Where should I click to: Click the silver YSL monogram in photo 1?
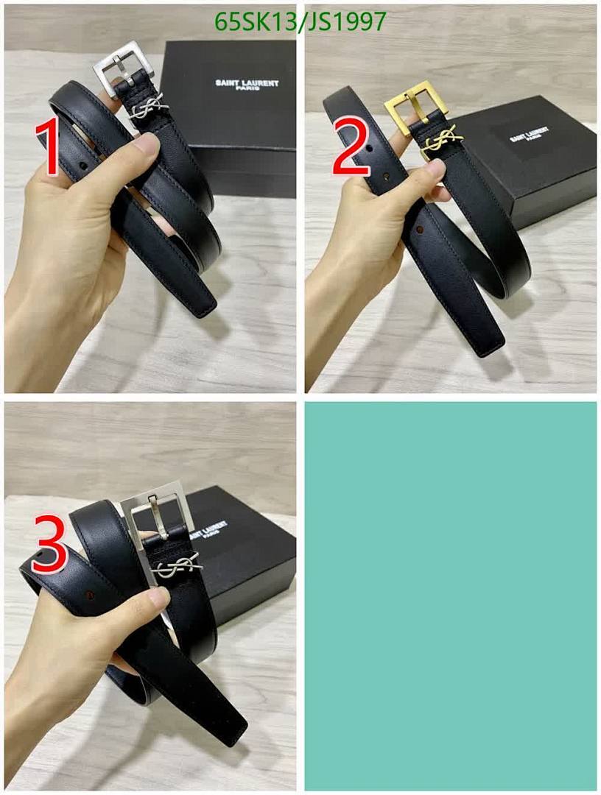click(150, 110)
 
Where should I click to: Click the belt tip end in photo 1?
click(202, 305)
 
